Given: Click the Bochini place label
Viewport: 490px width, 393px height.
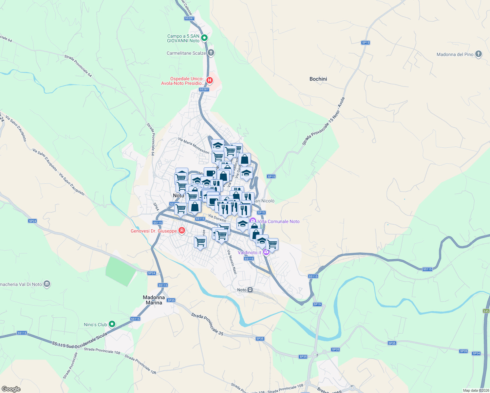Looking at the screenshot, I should click(x=318, y=79).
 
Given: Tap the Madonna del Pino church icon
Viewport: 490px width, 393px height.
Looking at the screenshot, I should click(x=478, y=54).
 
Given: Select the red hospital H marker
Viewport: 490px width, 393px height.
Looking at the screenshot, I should click(x=210, y=81).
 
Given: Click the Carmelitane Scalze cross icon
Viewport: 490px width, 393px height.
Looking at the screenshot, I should click(x=211, y=53).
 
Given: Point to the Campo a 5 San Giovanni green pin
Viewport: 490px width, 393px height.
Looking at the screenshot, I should click(x=204, y=38).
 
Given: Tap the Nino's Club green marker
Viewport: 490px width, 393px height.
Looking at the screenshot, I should click(x=112, y=324).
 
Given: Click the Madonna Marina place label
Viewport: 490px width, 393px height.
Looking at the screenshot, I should click(x=154, y=300).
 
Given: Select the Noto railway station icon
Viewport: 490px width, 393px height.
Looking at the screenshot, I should click(x=250, y=290).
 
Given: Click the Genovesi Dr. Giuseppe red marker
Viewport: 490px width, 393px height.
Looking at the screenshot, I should click(x=181, y=231).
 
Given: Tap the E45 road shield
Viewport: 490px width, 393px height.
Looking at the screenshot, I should click(x=486, y=311).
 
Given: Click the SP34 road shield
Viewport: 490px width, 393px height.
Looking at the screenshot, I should click(x=476, y=353).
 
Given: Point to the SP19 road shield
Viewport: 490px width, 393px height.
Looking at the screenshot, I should click(x=317, y=304).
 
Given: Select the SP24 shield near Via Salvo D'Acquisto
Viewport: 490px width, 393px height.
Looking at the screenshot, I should click(x=32, y=221).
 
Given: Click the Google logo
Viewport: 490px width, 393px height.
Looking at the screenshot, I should click(x=11, y=389).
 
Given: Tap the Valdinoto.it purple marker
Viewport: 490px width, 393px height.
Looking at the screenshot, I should click(x=266, y=252).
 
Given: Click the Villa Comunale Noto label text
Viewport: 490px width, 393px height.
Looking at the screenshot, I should click(x=279, y=221).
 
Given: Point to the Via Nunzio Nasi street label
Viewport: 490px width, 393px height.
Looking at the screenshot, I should click(x=232, y=262).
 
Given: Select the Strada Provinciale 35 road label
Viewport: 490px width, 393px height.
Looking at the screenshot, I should click(x=207, y=324).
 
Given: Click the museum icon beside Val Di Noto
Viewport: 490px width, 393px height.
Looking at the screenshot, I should click(x=47, y=284).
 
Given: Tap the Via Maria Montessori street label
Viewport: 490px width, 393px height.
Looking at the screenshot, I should click(x=194, y=146).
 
